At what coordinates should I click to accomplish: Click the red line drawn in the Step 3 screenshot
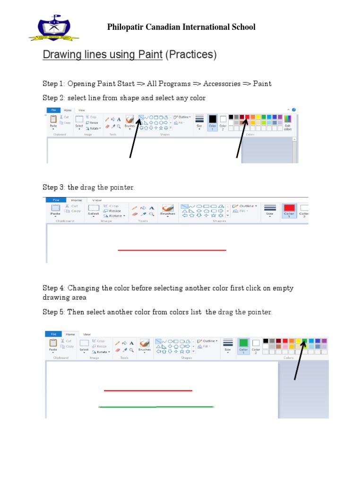pyautogui.click(x=172, y=250)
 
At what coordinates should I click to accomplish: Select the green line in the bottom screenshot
pyautogui.click(x=156, y=406)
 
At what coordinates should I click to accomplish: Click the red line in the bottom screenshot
pyautogui.click(x=148, y=390)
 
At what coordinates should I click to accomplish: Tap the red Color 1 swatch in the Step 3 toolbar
pyautogui.click(x=289, y=208)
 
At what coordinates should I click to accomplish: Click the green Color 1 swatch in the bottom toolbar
pyautogui.click(x=243, y=343)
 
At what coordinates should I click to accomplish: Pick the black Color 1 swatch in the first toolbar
pyautogui.click(x=212, y=119)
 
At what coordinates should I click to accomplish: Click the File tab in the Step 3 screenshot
pyautogui.click(x=56, y=200)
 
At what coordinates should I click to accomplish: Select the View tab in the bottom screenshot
pyautogui.click(x=87, y=334)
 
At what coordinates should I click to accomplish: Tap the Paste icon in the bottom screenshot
pyautogui.click(x=53, y=345)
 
